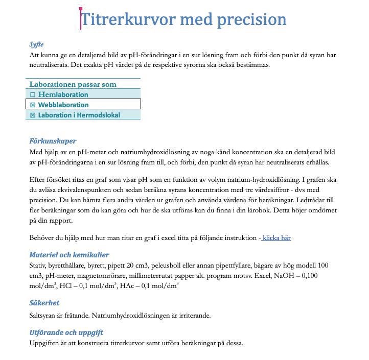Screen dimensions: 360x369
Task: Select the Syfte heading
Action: (x=36, y=44)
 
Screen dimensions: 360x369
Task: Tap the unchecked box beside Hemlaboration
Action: (x=33, y=95)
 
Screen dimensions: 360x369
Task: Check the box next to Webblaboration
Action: (x=33, y=105)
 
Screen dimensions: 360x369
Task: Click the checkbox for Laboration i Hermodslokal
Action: (x=33, y=115)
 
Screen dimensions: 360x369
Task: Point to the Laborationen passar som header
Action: (x=73, y=84)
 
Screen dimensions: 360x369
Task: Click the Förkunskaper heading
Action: (x=53, y=141)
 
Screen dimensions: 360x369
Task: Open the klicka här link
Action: (x=276, y=237)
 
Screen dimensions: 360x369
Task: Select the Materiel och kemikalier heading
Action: (x=69, y=254)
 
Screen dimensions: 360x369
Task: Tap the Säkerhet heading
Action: (x=44, y=302)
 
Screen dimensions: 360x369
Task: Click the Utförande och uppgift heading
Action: (x=66, y=332)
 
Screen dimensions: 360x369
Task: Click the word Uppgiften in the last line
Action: (x=45, y=343)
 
